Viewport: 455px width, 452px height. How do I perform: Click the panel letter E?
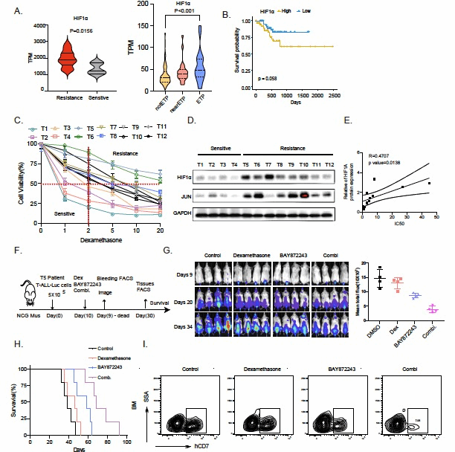[x=360, y=127]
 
